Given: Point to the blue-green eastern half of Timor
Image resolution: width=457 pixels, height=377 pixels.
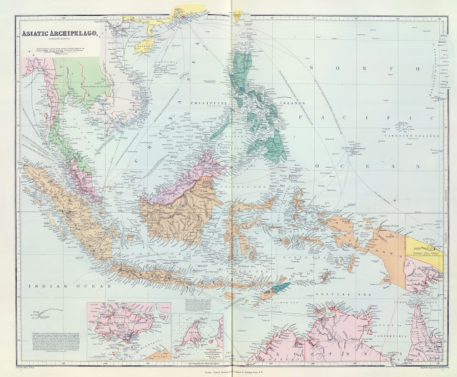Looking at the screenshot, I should tap(282, 287).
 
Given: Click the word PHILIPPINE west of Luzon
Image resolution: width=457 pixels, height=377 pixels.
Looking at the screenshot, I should tap(207, 104).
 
